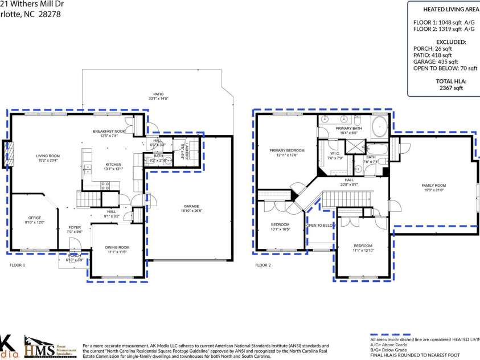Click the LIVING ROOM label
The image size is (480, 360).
[x=48, y=156]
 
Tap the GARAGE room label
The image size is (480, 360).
[x=191, y=206]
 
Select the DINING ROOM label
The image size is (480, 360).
[x=117, y=247]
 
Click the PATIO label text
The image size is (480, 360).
[x=158, y=94]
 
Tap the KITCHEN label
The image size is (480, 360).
[x=113, y=165]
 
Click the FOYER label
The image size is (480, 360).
[x=75, y=227]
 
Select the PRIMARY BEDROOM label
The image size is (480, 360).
[x=287, y=150]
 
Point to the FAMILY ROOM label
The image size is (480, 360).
[x=433, y=186]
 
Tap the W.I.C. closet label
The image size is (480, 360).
[x=335, y=154]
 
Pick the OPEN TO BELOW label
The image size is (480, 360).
[x=321, y=226]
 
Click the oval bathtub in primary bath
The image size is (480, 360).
[x=379, y=126]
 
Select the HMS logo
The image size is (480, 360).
[x=40, y=346]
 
